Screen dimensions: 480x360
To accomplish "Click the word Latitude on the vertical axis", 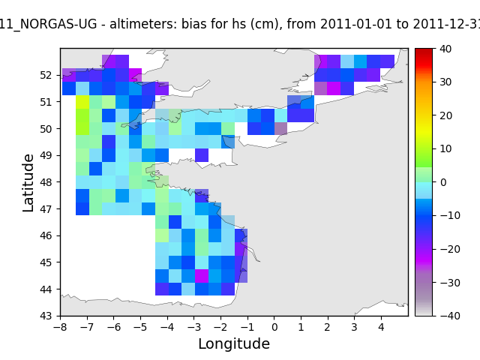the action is [28, 183].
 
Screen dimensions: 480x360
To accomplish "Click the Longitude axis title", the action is [234, 343].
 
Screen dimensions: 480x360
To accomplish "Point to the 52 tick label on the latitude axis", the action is [46, 75].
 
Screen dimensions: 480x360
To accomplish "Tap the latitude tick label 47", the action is [46, 208].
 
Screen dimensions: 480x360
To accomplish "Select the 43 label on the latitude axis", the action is [46, 316].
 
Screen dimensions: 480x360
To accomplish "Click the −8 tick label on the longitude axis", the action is [60, 327].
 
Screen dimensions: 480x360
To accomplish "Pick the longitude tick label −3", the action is [194, 327].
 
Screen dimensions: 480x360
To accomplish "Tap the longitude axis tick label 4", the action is [381, 327].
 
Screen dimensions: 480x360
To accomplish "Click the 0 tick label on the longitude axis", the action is [274, 327].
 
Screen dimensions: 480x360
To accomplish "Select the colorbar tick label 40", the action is [445, 49].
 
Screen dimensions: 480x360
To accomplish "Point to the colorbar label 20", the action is [445, 115].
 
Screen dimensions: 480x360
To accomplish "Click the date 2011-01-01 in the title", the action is [356, 24].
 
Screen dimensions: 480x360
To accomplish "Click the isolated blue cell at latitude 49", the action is [202, 155].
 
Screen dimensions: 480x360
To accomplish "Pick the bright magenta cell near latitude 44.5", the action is [202, 276].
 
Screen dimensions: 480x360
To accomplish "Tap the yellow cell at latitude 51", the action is [82, 102].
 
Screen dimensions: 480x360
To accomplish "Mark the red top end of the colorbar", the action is [424, 52].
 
